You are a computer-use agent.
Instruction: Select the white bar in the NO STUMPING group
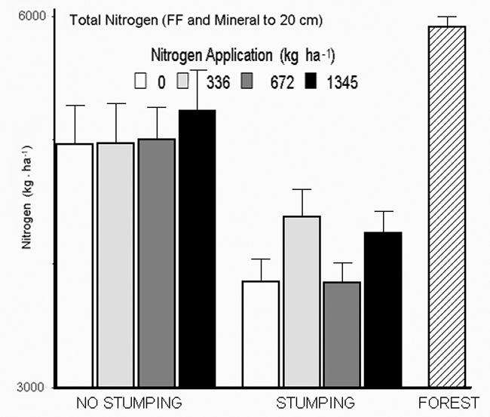point(75,264)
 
